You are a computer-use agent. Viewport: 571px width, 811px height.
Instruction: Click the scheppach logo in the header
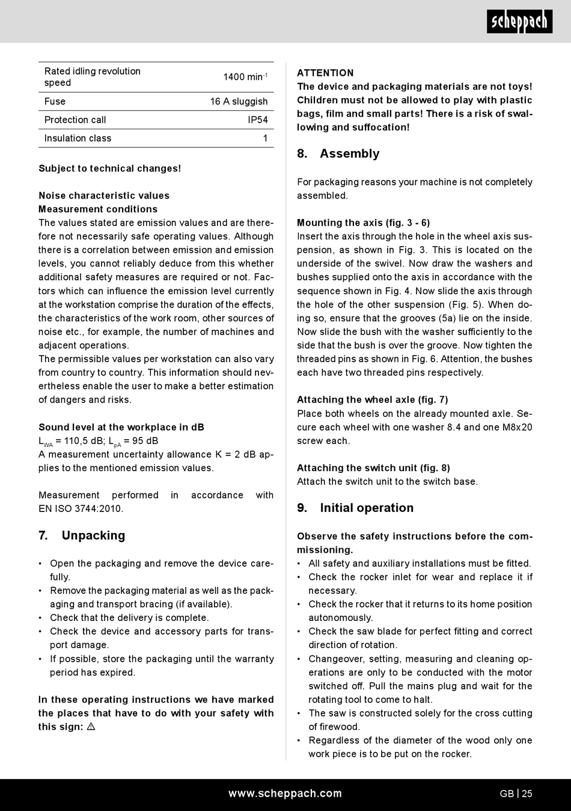tap(519, 22)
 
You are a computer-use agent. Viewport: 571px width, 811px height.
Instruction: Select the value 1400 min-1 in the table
tap(245, 77)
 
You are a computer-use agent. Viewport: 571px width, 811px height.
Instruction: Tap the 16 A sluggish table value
tap(239, 102)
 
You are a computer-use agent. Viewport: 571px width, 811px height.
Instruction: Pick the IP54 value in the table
tap(258, 120)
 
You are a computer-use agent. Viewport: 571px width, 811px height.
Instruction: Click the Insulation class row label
tap(78, 138)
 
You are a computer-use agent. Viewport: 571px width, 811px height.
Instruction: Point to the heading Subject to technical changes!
tap(109, 168)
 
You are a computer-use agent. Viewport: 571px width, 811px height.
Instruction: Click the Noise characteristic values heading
tap(104, 196)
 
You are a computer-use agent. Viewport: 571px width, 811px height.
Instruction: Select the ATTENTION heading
tap(325, 73)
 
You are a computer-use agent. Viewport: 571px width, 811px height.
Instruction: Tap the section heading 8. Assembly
tap(338, 153)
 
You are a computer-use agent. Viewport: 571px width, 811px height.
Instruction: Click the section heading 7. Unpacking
tap(82, 535)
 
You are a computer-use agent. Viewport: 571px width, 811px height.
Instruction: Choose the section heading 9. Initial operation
tap(355, 508)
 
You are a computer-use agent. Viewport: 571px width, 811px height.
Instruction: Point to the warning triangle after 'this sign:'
tap(91, 727)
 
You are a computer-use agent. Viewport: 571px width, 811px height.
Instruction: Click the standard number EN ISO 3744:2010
tap(81, 508)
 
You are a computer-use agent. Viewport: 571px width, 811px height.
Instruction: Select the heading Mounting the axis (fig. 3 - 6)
tap(363, 223)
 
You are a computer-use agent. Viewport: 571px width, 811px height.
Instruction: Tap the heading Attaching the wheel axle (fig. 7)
tap(372, 399)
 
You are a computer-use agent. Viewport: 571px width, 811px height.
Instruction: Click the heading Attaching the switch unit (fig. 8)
tap(373, 468)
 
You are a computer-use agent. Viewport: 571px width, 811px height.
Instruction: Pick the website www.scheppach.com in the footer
tap(285, 794)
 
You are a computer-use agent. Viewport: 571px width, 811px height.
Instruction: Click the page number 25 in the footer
tap(527, 794)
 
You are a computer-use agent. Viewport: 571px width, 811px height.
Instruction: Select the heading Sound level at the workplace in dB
tap(121, 427)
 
